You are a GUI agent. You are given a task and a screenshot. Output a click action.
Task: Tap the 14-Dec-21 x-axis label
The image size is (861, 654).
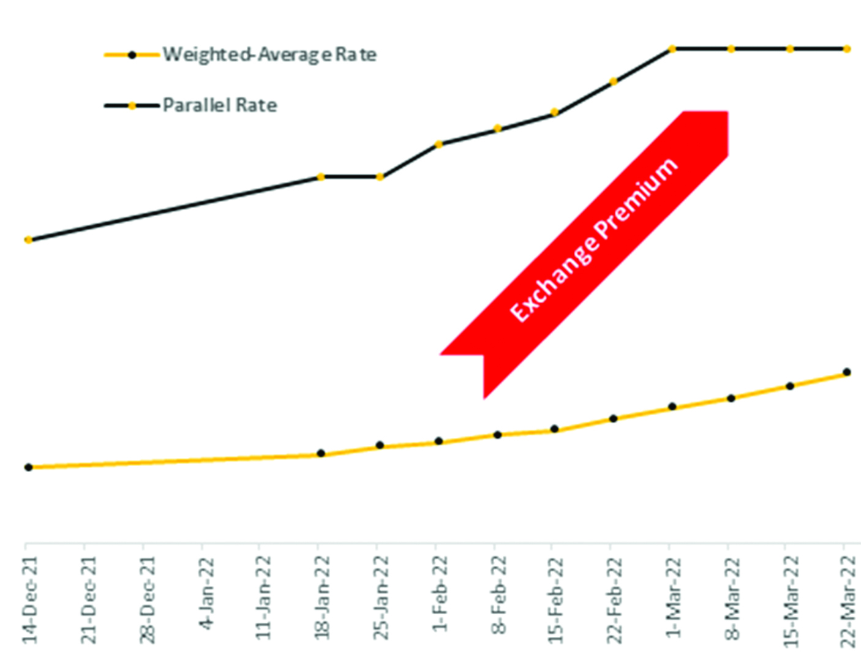pos(29,600)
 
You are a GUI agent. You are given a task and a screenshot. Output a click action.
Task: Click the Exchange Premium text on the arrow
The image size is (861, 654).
pos(593,240)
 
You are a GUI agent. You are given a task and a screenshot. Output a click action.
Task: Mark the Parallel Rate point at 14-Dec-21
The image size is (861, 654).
pos(28,240)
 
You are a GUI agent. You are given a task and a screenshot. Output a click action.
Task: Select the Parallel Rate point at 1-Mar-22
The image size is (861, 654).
pos(672,48)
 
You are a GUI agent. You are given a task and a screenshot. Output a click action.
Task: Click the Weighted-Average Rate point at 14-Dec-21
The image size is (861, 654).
pos(28,467)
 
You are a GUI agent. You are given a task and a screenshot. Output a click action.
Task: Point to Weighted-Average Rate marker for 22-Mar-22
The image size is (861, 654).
pos(847,372)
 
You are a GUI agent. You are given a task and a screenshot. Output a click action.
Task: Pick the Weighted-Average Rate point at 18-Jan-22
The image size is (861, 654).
pos(321,454)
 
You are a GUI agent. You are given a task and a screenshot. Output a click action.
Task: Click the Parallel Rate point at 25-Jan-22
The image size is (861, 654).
pos(380,177)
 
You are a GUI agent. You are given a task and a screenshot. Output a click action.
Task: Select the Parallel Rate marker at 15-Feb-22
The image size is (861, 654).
pos(555,112)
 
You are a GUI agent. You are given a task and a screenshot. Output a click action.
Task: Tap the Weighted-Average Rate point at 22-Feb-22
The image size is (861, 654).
pos(614,419)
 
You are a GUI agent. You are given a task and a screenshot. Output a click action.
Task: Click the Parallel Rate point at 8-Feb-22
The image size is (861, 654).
pos(498,129)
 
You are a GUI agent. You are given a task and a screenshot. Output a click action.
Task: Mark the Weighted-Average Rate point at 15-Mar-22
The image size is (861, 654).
pos(790,386)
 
